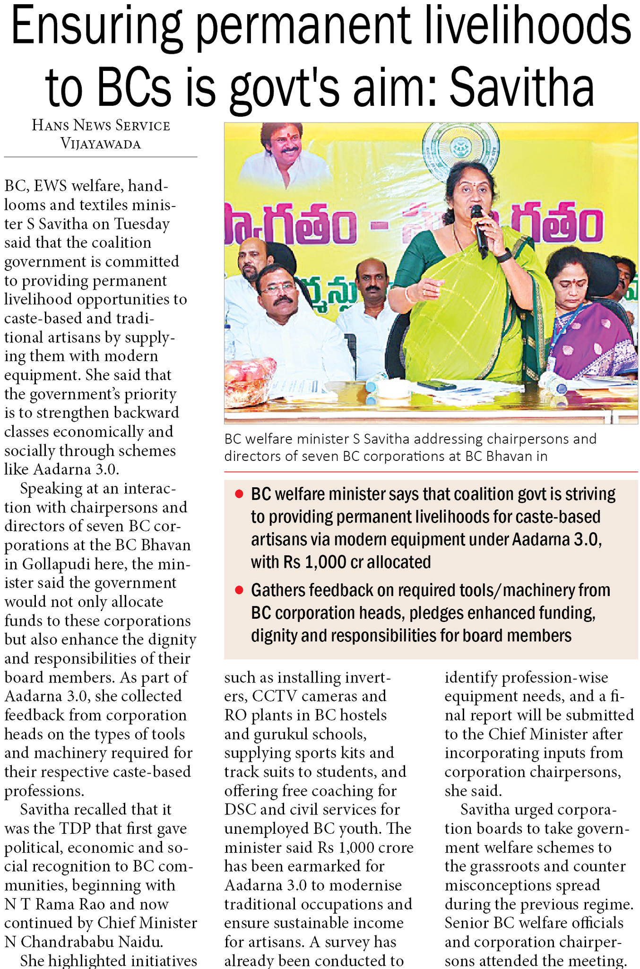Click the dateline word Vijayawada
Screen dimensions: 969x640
[101, 144]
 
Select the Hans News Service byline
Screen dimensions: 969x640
[101, 126]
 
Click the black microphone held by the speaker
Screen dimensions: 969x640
[479, 230]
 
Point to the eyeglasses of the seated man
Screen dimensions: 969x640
[277, 288]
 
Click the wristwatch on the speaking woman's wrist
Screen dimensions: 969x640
[504, 256]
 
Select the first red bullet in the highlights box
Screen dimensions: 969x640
[239, 494]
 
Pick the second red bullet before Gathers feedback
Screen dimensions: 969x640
[239, 590]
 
